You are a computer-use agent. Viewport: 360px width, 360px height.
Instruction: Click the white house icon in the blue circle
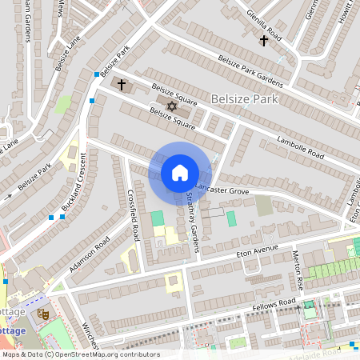pos(180,173)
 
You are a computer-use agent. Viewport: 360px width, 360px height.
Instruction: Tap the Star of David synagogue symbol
pos(170,106)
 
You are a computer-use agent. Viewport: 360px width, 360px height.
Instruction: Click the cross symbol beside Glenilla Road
pos(264,40)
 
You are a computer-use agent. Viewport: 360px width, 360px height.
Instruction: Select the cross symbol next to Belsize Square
pos(122,84)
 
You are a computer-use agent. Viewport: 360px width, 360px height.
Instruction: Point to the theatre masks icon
pos(45,314)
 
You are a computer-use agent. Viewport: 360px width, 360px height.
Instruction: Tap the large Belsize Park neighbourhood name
pos(244,99)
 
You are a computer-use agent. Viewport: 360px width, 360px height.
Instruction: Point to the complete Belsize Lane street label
pos(70,54)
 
